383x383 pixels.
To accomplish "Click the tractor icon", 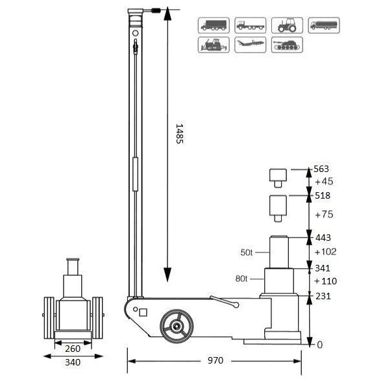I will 286,25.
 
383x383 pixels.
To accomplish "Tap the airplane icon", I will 250,45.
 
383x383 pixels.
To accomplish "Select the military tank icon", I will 286,45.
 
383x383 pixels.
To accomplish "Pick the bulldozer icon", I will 213,45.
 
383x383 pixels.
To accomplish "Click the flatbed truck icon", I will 250,25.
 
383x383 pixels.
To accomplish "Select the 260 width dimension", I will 72,348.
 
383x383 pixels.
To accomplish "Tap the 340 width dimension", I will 72,362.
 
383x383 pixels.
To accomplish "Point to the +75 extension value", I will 323,214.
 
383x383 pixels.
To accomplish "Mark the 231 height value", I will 323,295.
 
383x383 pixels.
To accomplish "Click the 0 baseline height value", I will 319,345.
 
